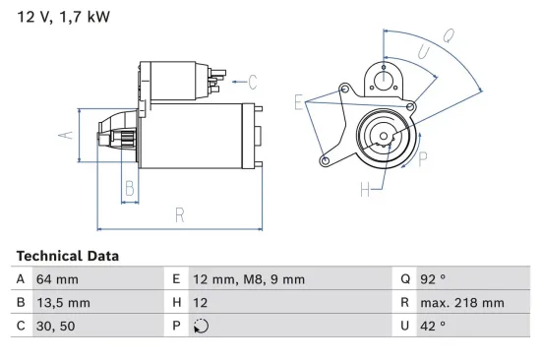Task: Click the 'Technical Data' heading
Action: (x=67, y=256)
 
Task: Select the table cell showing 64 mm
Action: (x=57, y=279)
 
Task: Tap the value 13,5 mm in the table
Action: (x=63, y=303)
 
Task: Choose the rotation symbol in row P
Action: (x=203, y=327)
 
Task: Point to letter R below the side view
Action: (x=179, y=213)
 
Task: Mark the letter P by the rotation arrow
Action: (x=423, y=155)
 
